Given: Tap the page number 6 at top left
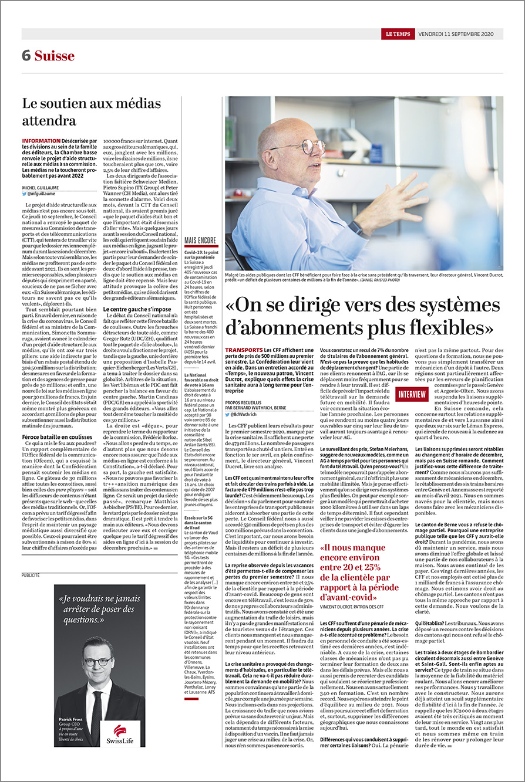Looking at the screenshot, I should pos(26,56).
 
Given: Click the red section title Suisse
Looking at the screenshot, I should pos(55,56).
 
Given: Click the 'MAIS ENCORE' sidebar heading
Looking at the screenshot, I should pos(200,241).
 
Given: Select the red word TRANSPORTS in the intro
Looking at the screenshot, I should pos(244,350).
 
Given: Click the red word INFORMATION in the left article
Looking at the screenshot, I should pos(41,141).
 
